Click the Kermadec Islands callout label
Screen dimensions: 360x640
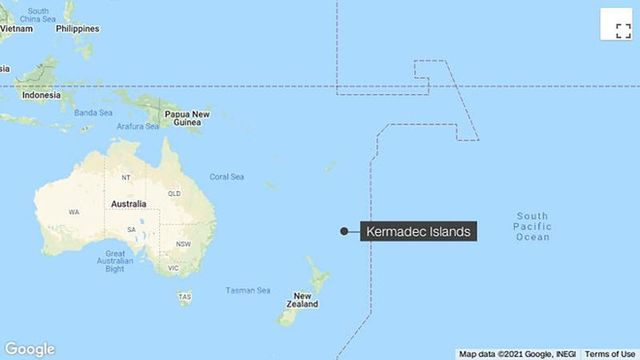point(419,231)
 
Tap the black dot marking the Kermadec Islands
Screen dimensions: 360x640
point(343,231)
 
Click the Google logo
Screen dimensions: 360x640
point(30,348)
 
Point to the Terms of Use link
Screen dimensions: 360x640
point(610,353)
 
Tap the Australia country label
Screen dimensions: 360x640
point(128,204)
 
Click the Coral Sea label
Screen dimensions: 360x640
point(227,177)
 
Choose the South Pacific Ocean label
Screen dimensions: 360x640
point(532,226)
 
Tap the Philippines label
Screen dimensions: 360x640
point(78,29)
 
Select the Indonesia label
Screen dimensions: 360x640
point(42,97)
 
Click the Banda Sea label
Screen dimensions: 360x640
point(94,113)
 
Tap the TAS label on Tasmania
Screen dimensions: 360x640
point(184,296)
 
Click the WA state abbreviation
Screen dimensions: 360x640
point(74,212)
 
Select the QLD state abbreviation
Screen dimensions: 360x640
point(174,193)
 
